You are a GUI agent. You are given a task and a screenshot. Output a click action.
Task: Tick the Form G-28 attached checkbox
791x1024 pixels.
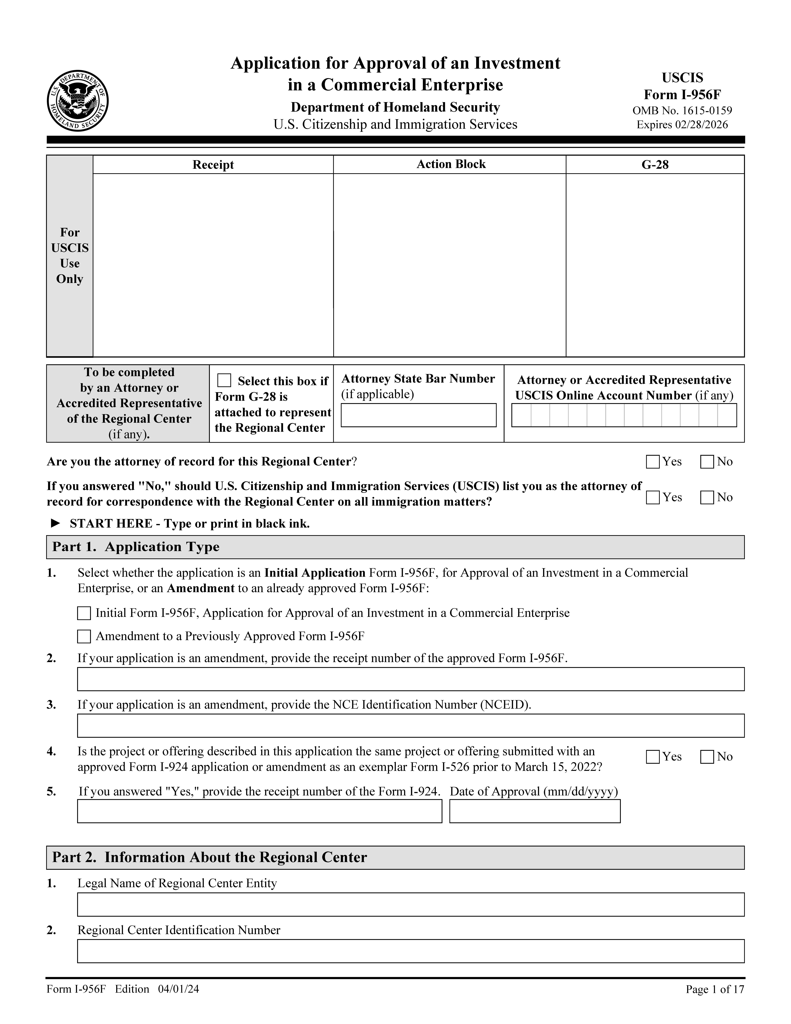click(224, 380)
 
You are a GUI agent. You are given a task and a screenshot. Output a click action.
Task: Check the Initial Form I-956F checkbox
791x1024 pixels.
click(84, 613)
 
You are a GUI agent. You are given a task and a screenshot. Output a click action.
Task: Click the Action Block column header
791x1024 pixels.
click(451, 164)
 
